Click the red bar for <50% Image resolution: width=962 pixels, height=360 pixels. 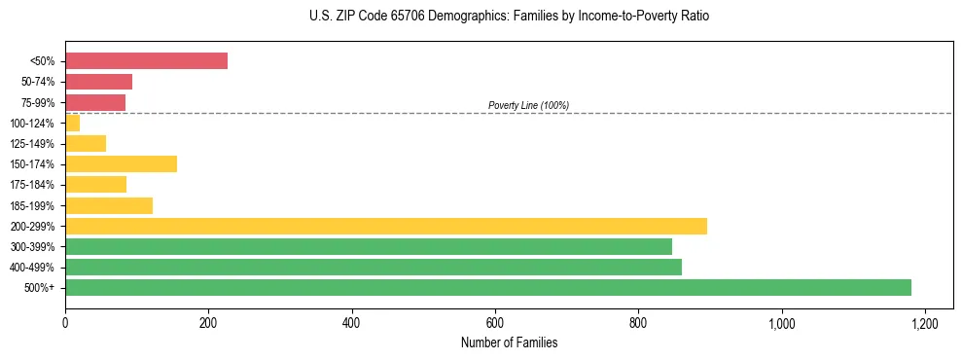146,61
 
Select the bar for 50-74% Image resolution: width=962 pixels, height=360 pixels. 98,82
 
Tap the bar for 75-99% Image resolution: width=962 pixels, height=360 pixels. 95,102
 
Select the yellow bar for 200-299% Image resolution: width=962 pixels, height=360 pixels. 385,226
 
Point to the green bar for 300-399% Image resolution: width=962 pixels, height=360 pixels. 368,246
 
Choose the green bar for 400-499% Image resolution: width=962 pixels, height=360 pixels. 373,267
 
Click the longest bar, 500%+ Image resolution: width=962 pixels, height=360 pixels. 487,287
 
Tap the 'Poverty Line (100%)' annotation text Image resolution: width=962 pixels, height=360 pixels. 528,105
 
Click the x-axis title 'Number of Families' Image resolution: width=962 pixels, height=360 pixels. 509,342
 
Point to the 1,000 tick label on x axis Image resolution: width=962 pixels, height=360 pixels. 781,322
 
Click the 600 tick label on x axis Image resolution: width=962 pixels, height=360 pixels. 495,322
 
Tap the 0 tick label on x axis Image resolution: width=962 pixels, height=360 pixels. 65,322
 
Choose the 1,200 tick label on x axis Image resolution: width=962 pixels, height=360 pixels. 924,322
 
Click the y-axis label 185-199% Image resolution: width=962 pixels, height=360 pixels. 32,205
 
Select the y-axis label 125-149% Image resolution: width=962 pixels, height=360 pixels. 32,144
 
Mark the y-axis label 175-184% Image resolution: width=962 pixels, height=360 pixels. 32,185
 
